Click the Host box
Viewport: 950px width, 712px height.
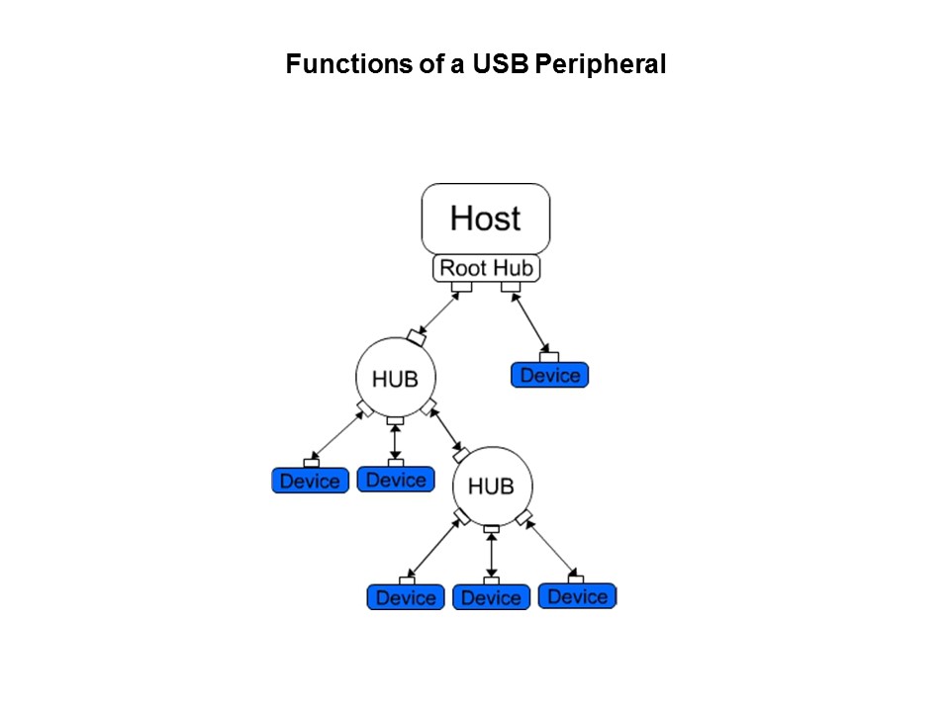[486, 219]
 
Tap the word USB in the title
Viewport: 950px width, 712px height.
[501, 65]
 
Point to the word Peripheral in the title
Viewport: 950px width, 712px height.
[600, 65]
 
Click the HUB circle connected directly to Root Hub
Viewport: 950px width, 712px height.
[395, 378]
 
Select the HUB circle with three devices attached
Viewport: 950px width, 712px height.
[491, 487]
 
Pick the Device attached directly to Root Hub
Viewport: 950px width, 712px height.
[550, 375]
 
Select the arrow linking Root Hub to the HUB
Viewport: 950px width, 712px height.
[439, 313]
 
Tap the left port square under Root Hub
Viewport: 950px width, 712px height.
[461, 287]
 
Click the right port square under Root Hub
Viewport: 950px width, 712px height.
[511, 287]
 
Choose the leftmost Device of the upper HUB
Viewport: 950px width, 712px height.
[310, 481]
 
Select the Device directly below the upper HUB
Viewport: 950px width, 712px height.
[396, 480]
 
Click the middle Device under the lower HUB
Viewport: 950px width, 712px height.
[491, 597]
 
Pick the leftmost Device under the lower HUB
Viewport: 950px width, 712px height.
[406, 597]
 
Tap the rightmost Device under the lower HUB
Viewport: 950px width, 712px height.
[577, 596]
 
